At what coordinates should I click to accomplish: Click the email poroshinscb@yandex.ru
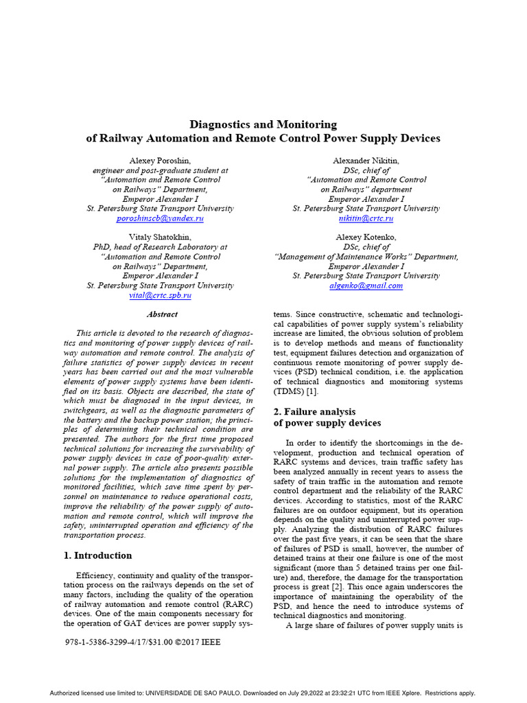[160, 218]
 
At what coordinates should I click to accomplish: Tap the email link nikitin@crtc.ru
[366, 218]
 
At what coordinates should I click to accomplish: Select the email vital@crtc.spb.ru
[160, 295]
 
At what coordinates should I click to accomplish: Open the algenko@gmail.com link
[366, 285]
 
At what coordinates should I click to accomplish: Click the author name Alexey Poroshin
[160, 160]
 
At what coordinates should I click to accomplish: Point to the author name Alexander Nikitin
[366, 160]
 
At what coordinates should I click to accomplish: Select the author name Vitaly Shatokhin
[160, 237]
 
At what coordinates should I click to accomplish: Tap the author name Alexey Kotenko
[366, 237]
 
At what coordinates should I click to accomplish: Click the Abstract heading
[162, 314]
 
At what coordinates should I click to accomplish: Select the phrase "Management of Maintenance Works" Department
[366, 257]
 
